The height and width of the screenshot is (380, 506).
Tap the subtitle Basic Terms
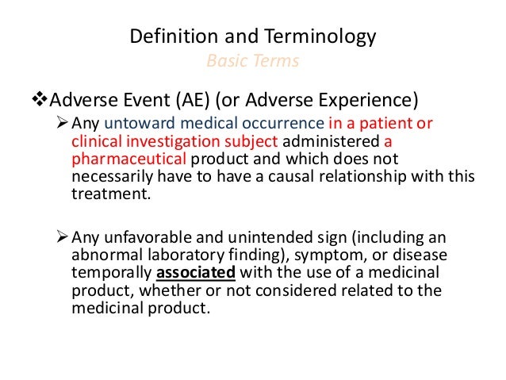pyautogui.click(x=252, y=61)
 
